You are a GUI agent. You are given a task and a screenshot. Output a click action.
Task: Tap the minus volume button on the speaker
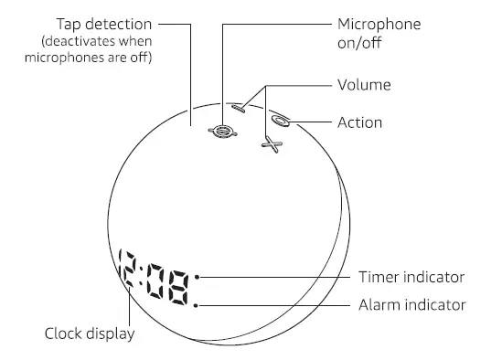[x=239, y=107]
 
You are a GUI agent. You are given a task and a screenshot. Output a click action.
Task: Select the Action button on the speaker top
[x=280, y=120]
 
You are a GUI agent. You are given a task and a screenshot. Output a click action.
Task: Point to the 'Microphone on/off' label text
[x=379, y=33]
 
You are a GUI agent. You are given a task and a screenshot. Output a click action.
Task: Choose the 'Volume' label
[x=364, y=85]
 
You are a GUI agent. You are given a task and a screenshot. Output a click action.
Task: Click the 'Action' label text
[x=359, y=122]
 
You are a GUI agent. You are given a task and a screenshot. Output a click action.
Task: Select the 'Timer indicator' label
[x=411, y=277]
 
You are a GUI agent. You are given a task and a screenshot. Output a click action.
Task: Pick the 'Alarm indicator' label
[x=412, y=304]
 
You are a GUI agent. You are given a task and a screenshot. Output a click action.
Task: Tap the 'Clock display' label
[x=90, y=334]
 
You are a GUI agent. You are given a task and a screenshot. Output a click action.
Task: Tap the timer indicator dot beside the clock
[x=197, y=276]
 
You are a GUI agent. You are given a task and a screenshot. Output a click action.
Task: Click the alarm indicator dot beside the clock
[x=197, y=304]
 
